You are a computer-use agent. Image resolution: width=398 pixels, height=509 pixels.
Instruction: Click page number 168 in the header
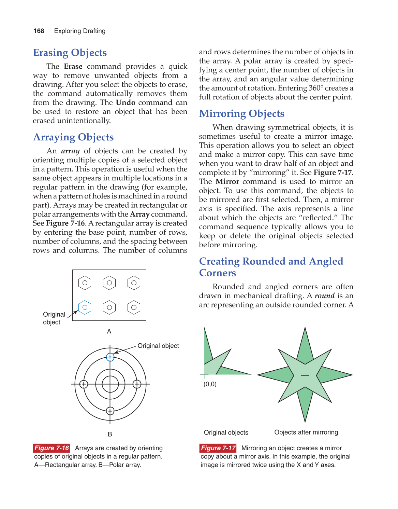point(39,31)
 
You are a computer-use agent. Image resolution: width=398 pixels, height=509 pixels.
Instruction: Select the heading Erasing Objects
point(70,53)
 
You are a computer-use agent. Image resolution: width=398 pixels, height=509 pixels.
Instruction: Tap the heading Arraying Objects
point(73,137)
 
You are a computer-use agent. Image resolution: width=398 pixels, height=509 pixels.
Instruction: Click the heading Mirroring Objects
point(241,113)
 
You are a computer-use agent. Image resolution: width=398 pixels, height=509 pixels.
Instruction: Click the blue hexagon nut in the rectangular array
point(85,307)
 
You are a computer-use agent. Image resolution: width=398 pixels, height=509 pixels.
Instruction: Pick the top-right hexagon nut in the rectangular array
point(134,283)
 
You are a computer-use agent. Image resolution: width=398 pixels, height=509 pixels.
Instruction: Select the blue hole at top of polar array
point(110,357)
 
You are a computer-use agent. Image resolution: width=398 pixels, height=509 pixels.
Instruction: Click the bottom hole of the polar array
point(110,411)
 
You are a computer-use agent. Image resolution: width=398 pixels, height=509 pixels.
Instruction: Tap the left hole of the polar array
point(84,384)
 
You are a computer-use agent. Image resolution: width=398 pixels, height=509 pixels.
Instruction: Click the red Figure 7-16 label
point(51,448)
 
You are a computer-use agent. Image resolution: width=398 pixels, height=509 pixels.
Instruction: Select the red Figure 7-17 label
point(218,448)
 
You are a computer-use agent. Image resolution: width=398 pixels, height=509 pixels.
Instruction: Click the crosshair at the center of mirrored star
point(305,376)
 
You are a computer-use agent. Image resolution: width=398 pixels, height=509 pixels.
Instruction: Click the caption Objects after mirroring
point(306,432)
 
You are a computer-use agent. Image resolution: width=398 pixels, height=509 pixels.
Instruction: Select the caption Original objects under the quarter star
point(226,432)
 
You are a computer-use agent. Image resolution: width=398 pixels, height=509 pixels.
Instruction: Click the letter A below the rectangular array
point(109,331)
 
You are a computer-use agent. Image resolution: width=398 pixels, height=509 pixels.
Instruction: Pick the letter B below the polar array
point(110,434)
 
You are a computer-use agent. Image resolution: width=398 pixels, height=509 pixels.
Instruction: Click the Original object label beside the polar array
point(158,346)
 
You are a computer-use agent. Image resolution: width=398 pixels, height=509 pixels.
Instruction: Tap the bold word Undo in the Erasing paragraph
point(126,102)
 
